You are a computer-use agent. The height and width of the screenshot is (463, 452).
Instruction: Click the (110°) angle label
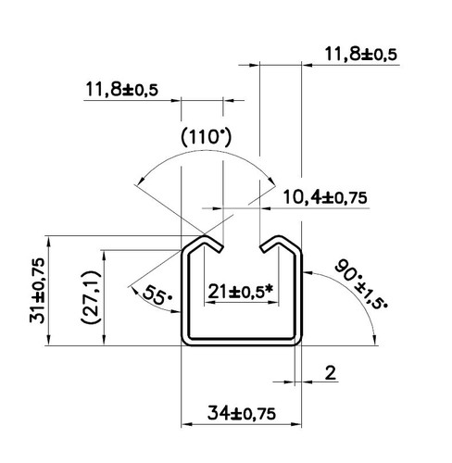206,137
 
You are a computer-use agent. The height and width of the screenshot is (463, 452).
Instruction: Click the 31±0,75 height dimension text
38,291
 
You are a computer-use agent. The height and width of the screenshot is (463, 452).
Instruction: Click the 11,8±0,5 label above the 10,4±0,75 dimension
360,54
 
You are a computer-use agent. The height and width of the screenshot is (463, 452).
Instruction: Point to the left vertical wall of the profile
183,296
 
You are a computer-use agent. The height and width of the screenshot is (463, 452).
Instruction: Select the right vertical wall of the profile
298,296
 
